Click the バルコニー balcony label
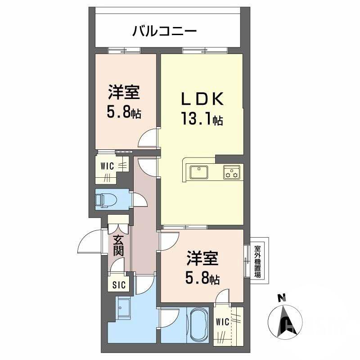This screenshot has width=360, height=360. pos(164,31)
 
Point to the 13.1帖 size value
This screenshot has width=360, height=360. pos(202,120)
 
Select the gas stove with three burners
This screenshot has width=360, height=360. pos(232,172)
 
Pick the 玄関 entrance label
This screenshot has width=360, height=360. pos(118,245)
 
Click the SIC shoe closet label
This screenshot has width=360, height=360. pos(119,284)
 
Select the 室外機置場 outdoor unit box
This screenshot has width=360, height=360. pos(258,261)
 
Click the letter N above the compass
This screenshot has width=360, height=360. pos(282,297)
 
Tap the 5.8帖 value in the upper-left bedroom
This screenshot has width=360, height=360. pos(124,112)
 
